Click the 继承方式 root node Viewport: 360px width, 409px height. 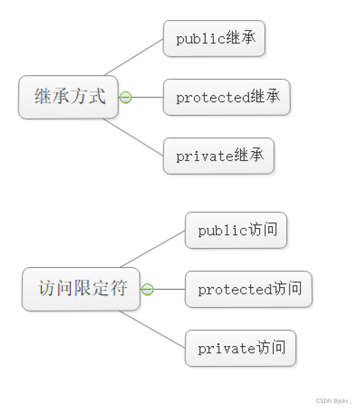pos(69,97)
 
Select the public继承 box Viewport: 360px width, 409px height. pos(214,38)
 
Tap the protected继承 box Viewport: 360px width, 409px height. pos(226,97)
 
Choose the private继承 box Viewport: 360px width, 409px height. pos(218,155)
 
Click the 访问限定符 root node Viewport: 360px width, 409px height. pos(81,289)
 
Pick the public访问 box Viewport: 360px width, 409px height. pos(236,230)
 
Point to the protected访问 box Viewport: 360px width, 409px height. pos(249,289)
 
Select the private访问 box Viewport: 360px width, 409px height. pos(240,348)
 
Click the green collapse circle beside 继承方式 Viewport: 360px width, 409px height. pos(126,98)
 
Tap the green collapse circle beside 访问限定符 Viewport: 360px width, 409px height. pos(147,289)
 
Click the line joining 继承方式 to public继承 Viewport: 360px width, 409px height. pos(134,57)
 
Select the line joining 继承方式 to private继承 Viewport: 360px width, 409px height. pos(134,137)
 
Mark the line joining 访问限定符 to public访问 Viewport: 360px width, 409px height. pos(153,249)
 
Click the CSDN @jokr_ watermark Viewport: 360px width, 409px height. pos(333,401)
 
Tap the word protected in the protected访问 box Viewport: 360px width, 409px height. pos(235,290)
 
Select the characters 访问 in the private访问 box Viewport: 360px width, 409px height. pos(271,348)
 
